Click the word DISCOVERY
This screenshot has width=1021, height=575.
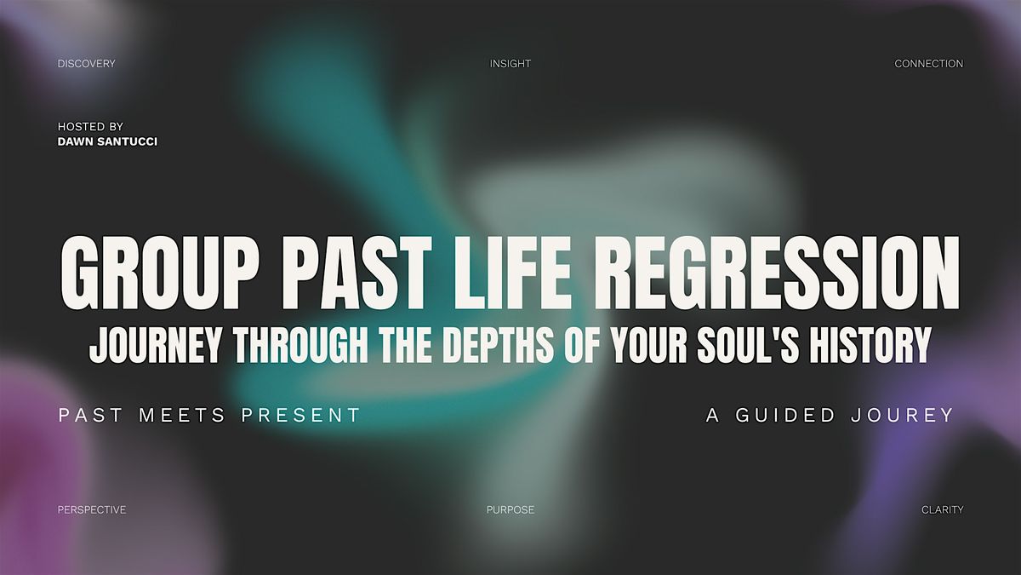coord(86,63)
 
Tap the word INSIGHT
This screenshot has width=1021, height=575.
coord(510,63)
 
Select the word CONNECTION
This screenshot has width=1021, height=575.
coord(928,63)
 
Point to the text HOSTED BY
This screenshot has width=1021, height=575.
coord(90,126)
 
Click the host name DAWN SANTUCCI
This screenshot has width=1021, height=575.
coord(107,141)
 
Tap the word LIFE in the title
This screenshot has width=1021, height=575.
coord(513,273)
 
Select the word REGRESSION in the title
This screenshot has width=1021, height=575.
coord(778,273)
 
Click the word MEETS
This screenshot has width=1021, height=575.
coord(182,416)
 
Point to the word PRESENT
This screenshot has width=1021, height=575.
coord(301,416)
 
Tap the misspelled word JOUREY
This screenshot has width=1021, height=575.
coord(902,416)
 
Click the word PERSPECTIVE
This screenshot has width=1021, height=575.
coord(92,509)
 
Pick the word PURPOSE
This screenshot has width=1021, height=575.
coord(510,509)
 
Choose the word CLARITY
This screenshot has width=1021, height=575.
coord(942,509)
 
